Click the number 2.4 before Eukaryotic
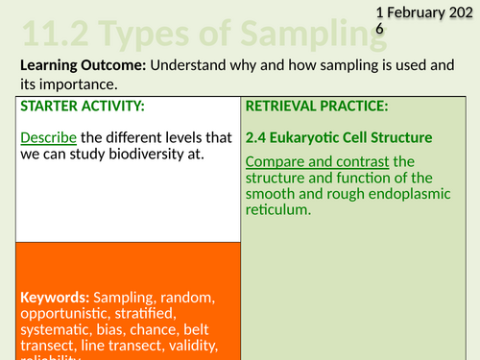pos(259,136)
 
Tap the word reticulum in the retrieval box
pos(279,211)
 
